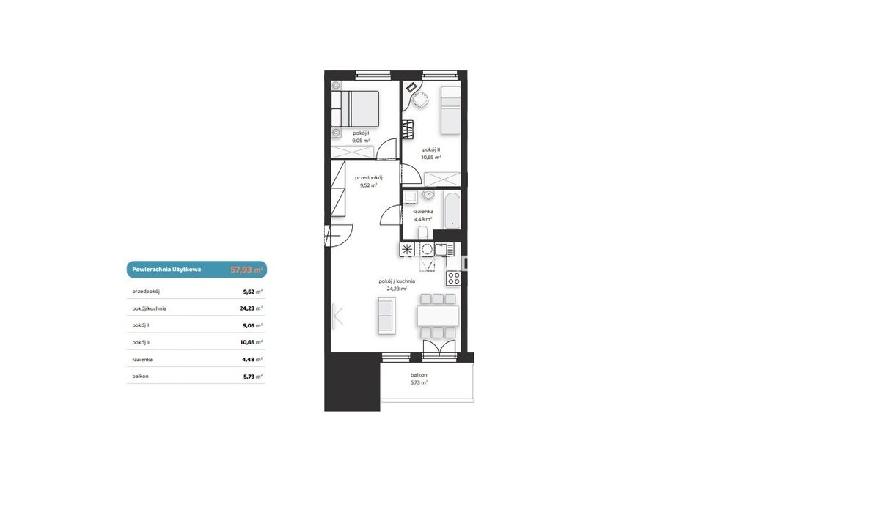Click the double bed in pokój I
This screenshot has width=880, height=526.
point(355,108)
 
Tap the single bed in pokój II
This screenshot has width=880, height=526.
point(450,111)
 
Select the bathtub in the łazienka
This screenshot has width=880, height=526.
point(452,210)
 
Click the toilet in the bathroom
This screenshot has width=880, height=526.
point(422,232)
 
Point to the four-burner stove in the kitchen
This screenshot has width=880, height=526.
point(454,278)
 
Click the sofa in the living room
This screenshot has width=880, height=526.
point(386,316)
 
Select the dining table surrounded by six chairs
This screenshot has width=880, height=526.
point(438,316)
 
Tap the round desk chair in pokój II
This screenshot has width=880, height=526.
point(421,100)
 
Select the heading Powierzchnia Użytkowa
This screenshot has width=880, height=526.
point(166,270)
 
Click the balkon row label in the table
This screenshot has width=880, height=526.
point(140,376)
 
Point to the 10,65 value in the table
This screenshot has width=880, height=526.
point(247,342)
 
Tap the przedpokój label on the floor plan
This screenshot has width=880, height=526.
point(368,178)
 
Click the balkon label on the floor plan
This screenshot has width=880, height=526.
point(419,375)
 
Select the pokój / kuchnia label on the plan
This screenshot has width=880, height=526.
point(397,281)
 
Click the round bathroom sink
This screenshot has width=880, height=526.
point(428,194)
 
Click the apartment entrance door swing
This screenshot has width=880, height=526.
point(339,235)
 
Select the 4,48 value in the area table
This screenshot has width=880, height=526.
point(249,359)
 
